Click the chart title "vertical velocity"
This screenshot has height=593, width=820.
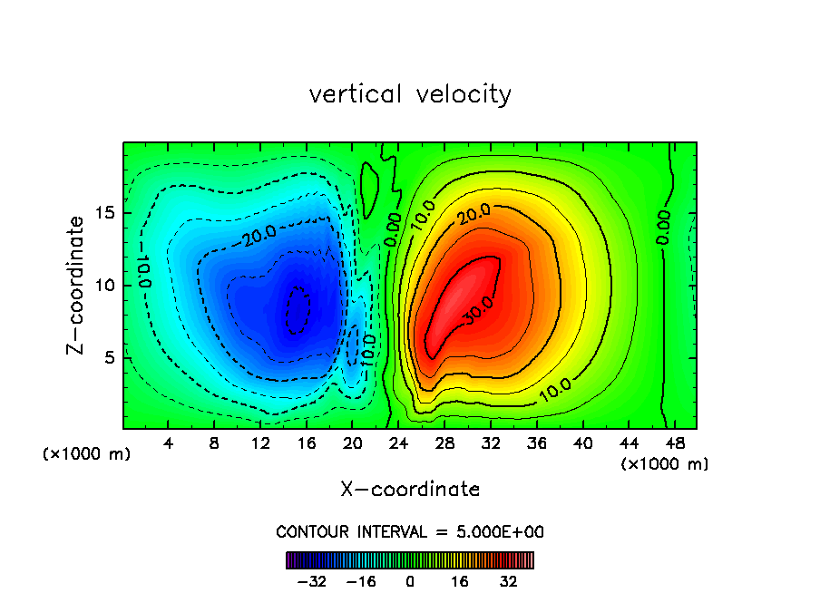410,94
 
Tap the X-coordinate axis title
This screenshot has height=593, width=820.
410,490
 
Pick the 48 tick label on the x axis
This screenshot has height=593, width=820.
674,443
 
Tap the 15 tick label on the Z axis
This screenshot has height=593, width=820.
104,214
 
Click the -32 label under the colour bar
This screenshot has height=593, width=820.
312,580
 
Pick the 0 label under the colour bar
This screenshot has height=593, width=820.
410,580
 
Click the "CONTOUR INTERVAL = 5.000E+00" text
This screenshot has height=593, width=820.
410,531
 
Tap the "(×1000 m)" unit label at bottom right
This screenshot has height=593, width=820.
665,464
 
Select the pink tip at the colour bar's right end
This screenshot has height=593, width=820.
530,559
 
